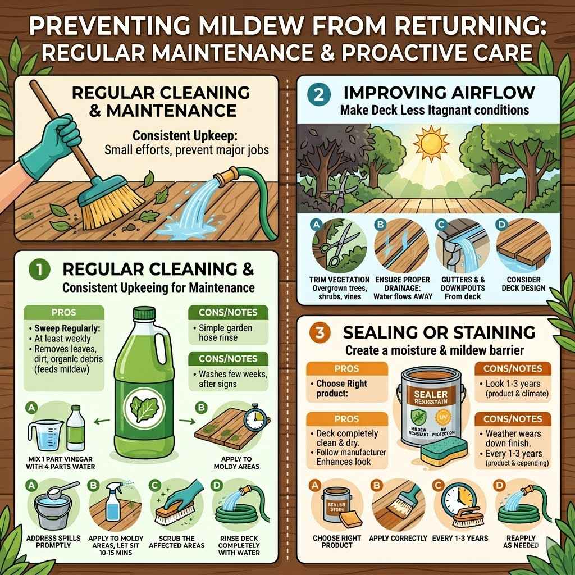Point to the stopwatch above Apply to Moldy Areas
254,415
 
